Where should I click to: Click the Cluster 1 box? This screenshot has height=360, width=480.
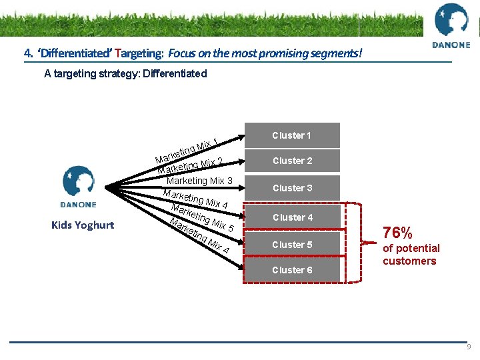click(x=292, y=135)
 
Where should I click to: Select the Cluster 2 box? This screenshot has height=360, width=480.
click(x=292, y=161)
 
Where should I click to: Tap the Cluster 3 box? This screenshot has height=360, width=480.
click(x=292, y=188)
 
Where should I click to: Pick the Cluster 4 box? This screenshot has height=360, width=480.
click(x=292, y=217)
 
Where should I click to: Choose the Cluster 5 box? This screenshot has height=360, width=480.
click(x=292, y=245)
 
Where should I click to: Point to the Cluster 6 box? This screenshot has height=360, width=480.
click(x=292, y=270)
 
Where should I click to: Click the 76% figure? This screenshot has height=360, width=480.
click(x=398, y=233)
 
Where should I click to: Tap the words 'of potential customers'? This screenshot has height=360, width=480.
click(x=411, y=255)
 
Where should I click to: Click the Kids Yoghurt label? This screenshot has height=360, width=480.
click(x=83, y=225)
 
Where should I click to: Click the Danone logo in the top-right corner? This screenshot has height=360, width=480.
click(x=451, y=26)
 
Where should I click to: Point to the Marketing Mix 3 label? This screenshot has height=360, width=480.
click(x=199, y=181)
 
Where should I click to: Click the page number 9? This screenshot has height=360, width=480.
click(x=469, y=347)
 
